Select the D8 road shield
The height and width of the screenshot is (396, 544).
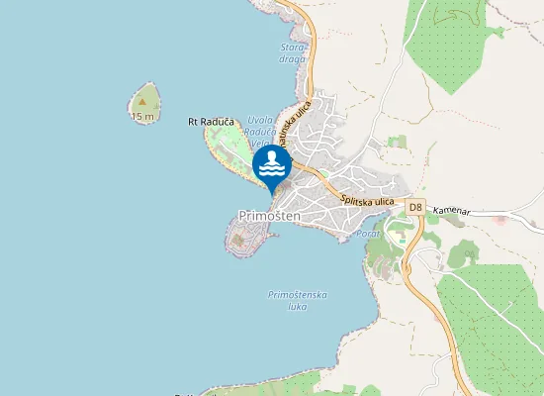click(x=415, y=208)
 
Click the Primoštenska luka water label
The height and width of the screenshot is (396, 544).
click(x=298, y=300)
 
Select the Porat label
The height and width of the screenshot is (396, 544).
click(x=368, y=233)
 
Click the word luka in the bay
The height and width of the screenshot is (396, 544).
click(x=297, y=306)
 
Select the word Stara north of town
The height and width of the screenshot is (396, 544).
click(x=293, y=47)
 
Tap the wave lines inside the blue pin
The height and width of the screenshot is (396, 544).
click(x=272, y=172)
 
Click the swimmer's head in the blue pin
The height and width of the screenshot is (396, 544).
click(x=272, y=157)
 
